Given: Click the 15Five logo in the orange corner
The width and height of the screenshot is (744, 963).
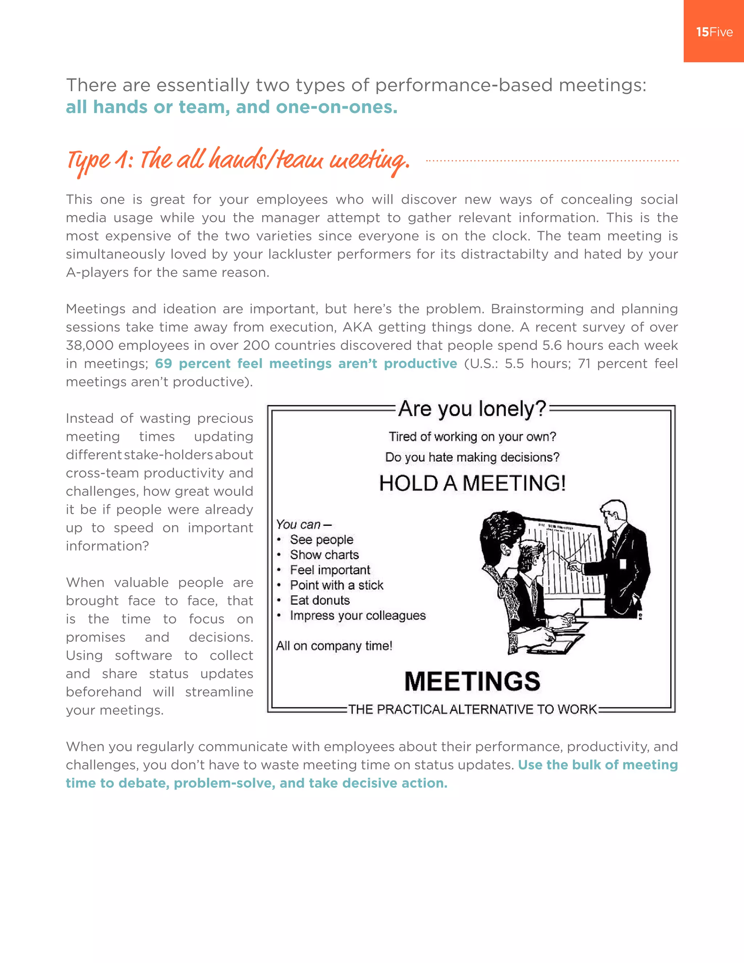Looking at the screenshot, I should (x=714, y=32).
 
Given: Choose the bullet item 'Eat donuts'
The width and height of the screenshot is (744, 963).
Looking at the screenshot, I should (x=320, y=600).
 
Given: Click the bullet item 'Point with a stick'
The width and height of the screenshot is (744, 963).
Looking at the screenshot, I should (x=336, y=585).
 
